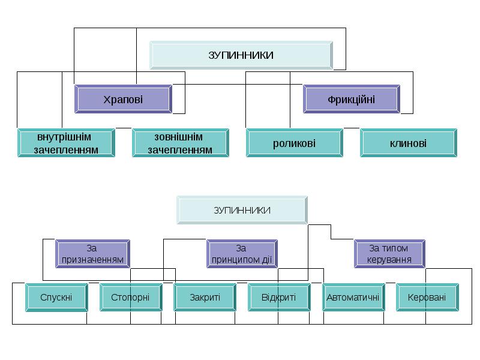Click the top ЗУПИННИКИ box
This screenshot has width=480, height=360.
pyautogui.click(x=241, y=55)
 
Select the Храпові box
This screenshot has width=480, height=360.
pyautogui.click(x=123, y=99)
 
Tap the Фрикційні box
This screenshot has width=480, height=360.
pyautogui.click(x=352, y=99)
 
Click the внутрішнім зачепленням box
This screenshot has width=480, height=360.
pyautogui.click(x=66, y=143)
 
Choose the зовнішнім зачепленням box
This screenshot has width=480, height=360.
pyautogui.click(x=180, y=143)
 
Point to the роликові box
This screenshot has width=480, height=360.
pyautogui.click(x=294, y=143)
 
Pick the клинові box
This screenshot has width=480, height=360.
pyautogui.click(x=408, y=143)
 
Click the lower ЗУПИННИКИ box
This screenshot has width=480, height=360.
pyautogui.click(x=242, y=210)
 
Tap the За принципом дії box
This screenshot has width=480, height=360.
pyautogui.click(x=241, y=254)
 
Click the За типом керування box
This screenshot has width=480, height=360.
pyautogui.click(x=389, y=254)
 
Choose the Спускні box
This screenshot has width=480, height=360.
pyautogui.click(x=56, y=297)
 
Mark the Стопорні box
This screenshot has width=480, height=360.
pyautogui.click(x=130, y=297)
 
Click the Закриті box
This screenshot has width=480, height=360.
pyautogui.click(x=205, y=297)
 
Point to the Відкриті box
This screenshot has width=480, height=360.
pyautogui.click(x=278, y=297)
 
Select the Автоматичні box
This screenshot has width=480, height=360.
pyautogui.click(x=353, y=297)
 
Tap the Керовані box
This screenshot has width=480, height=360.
pyautogui.click(x=427, y=297)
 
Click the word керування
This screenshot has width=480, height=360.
pyautogui.click(x=389, y=260)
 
